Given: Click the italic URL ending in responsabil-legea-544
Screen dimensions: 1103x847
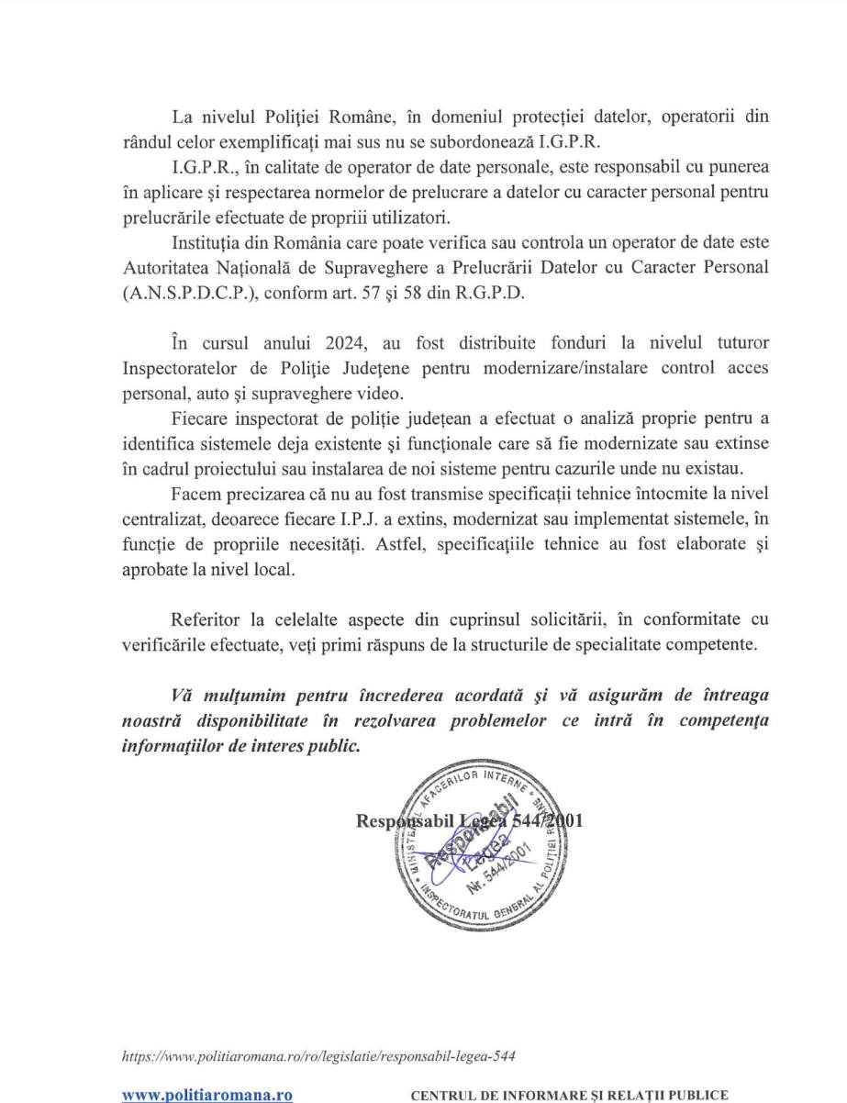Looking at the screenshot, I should pyautogui.click(x=318, y=1056).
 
